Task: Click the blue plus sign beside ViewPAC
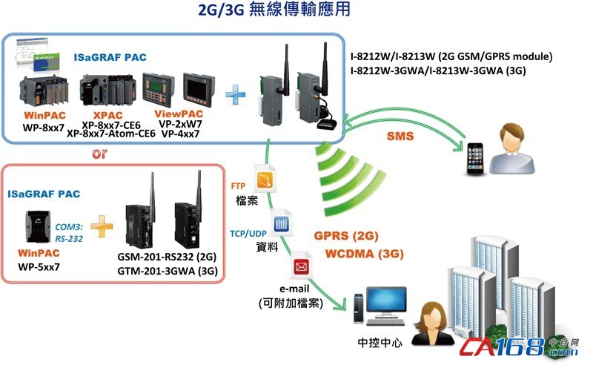[x=236, y=94]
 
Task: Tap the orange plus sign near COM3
[x=102, y=226]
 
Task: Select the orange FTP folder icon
[x=265, y=178]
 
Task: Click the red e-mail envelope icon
[x=302, y=266]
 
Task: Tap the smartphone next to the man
[x=475, y=158]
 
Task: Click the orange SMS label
[x=400, y=137]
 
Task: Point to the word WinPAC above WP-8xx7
[x=44, y=115]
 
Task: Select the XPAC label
[x=107, y=115]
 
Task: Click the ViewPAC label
[x=179, y=114]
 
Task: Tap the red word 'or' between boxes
[x=99, y=154]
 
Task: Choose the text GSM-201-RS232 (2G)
[x=167, y=257]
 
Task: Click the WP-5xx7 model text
[x=39, y=267]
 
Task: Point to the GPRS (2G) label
[x=346, y=236]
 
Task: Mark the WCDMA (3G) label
[x=364, y=254]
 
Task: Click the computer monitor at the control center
[x=385, y=302]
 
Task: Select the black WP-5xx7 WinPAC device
[x=38, y=226]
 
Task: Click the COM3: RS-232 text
[x=69, y=232]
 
